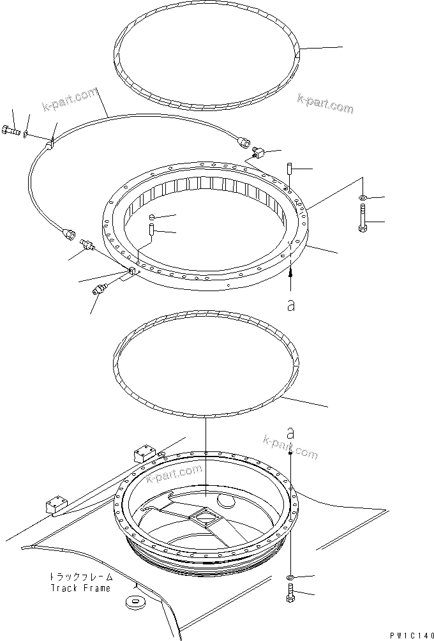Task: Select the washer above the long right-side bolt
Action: click(363, 197)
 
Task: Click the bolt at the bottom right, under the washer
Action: click(291, 594)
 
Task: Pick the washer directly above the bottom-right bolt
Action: click(290, 578)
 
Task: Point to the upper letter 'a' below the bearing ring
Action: click(291, 305)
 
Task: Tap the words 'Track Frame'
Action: click(80, 588)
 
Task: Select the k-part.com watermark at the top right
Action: click(325, 103)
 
